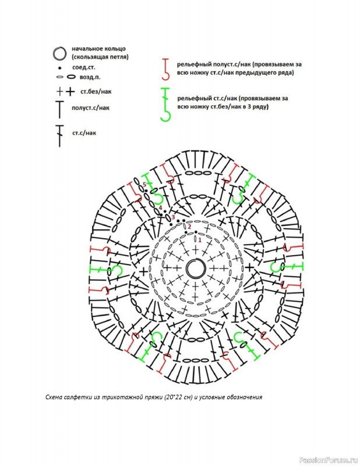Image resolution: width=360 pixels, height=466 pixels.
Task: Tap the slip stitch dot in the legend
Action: tap(60, 68)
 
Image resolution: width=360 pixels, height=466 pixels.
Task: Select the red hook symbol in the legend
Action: tap(166, 69)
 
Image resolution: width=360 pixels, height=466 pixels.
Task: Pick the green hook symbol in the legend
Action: tap(166, 104)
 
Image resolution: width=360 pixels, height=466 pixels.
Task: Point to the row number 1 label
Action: tap(200, 239)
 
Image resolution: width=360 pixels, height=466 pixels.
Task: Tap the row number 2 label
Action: tap(189, 227)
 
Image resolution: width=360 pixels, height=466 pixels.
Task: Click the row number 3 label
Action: tap(173, 216)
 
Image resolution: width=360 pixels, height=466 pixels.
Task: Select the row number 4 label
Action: tap(160, 207)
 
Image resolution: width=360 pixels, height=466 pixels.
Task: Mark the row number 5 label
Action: tap(144, 185)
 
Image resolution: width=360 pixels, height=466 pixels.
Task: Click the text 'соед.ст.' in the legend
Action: tap(84, 68)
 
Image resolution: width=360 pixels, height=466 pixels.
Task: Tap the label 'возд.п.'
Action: tap(90, 77)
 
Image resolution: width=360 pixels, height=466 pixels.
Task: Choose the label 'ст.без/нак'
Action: tap(96, 91)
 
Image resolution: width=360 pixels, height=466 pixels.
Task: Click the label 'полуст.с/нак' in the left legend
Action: tap(90, 108)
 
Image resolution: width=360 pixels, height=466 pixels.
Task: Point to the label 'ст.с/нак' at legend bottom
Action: tap(84, 133)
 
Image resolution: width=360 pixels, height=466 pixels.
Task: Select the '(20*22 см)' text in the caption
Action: tap(178, 397)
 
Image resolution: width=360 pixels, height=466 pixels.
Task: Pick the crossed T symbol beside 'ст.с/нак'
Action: tap(60, 136)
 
